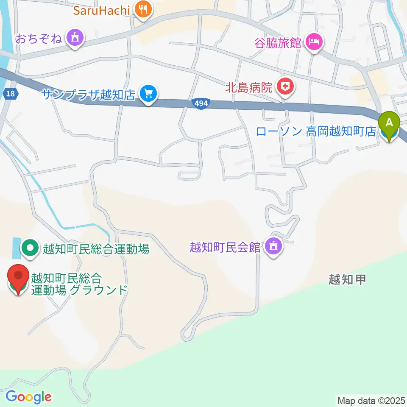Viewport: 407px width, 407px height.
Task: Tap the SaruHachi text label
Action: tap(101, 9)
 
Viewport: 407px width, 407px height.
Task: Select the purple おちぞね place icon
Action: tap(76, 39)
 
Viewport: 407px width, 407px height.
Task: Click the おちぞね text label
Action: tap(39, 39)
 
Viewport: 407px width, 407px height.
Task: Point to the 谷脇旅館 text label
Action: tap(277, 43)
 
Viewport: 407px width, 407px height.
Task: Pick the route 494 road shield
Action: tap(201, 103)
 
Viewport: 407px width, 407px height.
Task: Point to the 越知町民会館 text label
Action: tap(225, 247)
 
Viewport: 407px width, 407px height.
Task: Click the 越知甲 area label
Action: tap(347, 279)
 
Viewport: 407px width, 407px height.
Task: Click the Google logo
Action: tap(28, 397)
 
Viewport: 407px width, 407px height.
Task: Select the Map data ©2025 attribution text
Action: tap(371, 400)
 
